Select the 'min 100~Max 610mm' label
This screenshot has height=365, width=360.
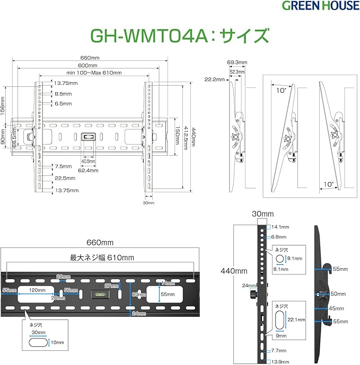click(x=94, y=73)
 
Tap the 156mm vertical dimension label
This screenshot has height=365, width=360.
click(x=4, y=104)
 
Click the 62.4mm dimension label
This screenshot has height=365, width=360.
click(x=88, y=171)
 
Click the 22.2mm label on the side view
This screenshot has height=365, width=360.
click(x=213, y=79)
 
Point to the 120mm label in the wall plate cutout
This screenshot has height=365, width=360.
click(x=36, y=291)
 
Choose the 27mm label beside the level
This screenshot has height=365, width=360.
click(x=112, y=286)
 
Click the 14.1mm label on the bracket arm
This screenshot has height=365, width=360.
click(x=280, y=227)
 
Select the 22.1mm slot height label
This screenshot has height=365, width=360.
click(x=296, y=319)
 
